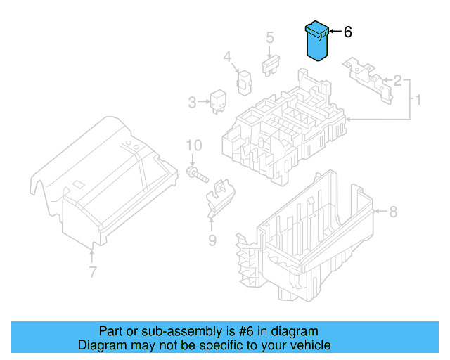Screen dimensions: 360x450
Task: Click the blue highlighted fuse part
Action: [316, 43]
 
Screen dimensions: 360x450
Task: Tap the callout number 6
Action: [347, 32]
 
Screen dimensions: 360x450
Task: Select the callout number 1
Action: [418, 101]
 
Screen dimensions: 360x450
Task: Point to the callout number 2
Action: [397, 80]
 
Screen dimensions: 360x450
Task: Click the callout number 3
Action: [192, 103]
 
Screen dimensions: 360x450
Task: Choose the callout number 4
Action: [228, 56]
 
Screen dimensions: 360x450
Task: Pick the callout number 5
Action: [269, 38]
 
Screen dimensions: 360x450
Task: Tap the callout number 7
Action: [91, 271]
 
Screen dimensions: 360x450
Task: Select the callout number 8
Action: [393, 210]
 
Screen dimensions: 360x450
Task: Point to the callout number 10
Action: [194, 146]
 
